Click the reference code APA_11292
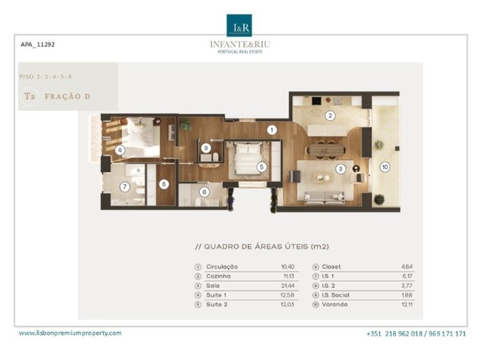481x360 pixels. tap(38, 44)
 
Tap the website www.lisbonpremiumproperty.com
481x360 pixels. tap(70, 333)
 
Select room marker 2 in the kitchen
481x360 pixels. tap(330, 115)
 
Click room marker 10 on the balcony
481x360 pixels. tap(385, 166)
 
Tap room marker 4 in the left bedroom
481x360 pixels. tap(120, 149)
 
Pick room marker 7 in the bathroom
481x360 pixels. tap(125, 186)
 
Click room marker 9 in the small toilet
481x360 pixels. tap(206, 147)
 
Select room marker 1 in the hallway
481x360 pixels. tap(272, 129)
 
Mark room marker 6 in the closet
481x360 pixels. tap(164, 184)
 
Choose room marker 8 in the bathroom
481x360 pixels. tap(204, 192)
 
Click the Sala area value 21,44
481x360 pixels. tap(287, 286)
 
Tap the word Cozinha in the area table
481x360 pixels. tap(219, 276)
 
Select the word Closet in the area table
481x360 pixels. tap(332, 267)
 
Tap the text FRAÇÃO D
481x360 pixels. tap(68, 97)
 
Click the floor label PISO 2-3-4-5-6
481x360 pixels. tap(46, 76)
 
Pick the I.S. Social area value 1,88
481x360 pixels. tap(405, 295)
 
